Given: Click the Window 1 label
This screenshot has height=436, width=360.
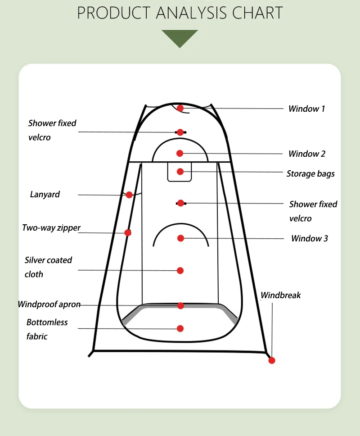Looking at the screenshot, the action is [306, 109].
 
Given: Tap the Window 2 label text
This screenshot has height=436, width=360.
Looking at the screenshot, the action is [306, 154].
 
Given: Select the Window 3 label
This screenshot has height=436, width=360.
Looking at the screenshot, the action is [309, 238].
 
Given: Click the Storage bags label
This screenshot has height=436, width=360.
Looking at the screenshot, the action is [310, 173].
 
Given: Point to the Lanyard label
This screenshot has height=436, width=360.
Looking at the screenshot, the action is [45, 195].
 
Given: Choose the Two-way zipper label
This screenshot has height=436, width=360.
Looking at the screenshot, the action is [51, 228].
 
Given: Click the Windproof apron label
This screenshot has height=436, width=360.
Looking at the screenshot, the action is [49, 304].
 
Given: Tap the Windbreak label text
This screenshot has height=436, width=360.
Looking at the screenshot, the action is [281, 295].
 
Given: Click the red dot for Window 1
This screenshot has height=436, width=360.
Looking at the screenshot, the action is [180, 108].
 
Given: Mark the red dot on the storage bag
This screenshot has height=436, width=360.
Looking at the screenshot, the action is [180, 172].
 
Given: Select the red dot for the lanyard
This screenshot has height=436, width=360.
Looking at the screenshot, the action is [129, 195].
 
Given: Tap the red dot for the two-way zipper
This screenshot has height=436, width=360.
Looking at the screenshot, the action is [128, 232].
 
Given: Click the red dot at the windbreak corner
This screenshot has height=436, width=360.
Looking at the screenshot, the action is [271, 360].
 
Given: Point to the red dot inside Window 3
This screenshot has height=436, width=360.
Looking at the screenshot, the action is [180, 238].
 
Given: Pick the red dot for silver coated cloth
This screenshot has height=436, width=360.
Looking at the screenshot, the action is [180, 270].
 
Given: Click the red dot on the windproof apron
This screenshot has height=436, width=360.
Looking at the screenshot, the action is [180, 306].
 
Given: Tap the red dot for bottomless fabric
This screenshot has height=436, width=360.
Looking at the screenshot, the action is [180, 328].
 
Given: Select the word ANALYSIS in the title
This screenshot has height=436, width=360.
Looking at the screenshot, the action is [192, 13].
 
